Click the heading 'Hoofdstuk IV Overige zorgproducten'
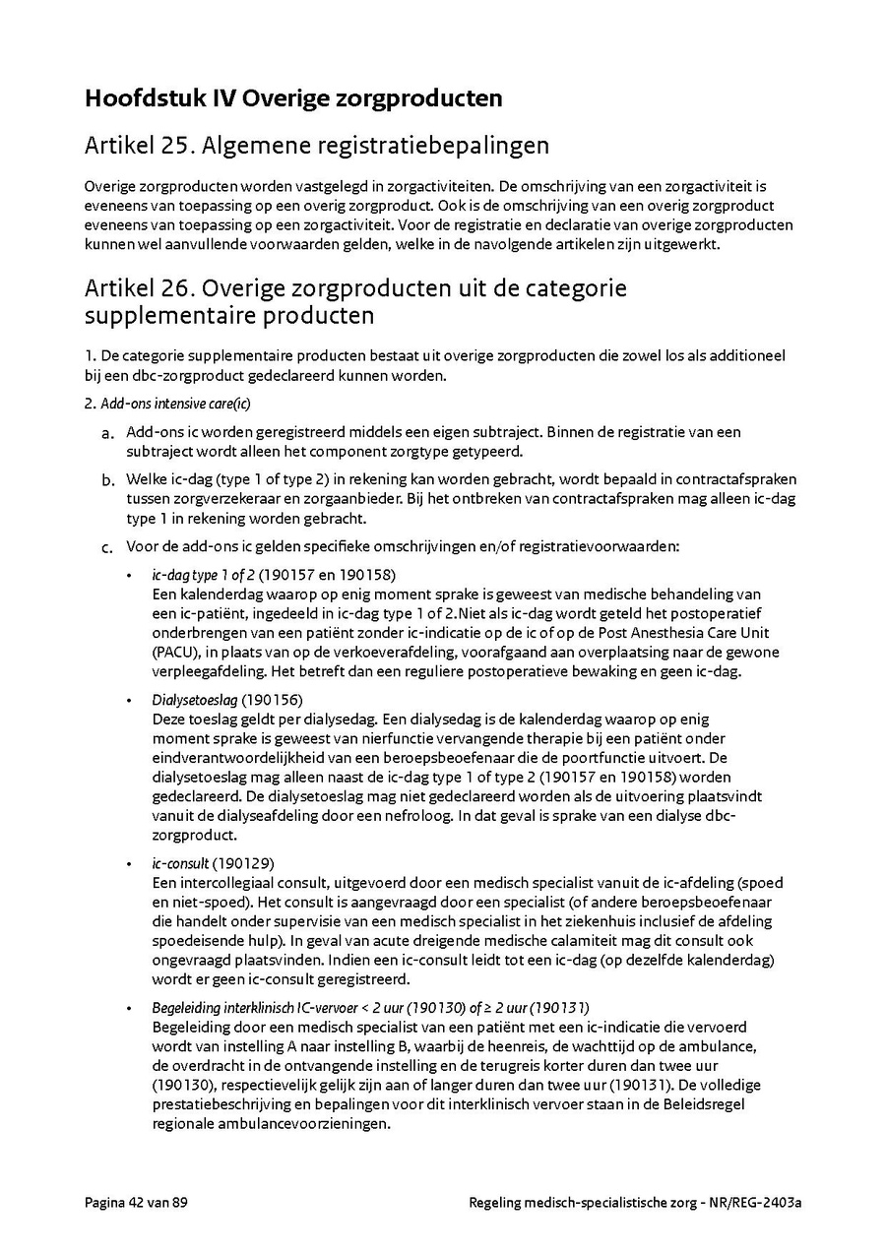[293, 98]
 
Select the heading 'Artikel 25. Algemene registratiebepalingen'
[316, 147]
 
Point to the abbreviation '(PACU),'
[179, 653]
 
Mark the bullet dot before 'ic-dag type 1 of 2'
[131, 575]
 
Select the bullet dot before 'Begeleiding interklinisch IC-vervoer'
[131, 1008]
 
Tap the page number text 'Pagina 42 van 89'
[136, 1203]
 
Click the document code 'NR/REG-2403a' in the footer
[756, 1203]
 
